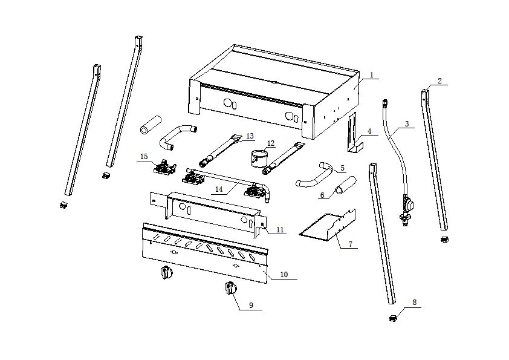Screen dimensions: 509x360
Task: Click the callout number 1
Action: (x=372, y=75)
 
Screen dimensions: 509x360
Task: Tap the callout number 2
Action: (x=439, y=80)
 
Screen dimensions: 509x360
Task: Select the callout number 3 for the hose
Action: (x=407, y=123)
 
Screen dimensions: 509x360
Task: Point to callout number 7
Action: (x=350, y=244)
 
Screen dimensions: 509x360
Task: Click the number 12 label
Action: (x=271, y=143)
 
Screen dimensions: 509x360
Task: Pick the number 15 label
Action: (x=144, y=157)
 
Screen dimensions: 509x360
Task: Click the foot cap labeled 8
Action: (x=393, y=318)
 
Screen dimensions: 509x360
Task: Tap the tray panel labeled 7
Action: (x=327, y=226)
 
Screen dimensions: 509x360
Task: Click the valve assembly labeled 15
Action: (x=164, y=167)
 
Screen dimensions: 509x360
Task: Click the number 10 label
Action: (x=284, y=275)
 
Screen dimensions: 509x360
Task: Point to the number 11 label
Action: (x=280, y=230)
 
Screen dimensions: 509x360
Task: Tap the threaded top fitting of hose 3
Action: (x=385, y=103)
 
